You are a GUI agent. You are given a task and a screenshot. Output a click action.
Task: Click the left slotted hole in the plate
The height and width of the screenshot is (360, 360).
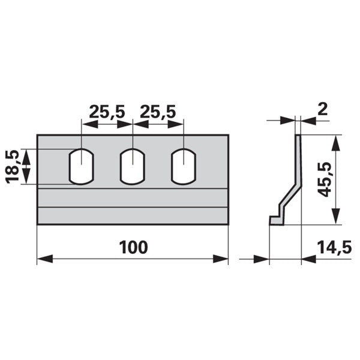click(x=82, y=167)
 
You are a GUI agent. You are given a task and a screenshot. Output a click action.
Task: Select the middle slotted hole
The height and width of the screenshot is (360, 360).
click(x=133, y=167)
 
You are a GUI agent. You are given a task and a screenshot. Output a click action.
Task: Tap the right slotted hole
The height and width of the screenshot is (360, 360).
click(x=184, y=167)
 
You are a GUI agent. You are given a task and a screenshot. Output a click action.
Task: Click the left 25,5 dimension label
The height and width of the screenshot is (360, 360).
click(x=107, y=112)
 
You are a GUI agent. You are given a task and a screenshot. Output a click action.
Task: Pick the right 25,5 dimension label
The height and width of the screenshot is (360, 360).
click(x=158, y=112)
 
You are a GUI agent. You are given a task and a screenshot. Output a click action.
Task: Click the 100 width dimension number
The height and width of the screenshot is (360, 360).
click(x=133, y=247)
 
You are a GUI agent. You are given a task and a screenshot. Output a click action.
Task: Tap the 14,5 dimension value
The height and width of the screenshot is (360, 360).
click(x=334, y=247)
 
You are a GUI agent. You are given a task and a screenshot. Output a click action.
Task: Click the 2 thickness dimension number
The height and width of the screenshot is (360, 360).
click(x=323, y=110)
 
